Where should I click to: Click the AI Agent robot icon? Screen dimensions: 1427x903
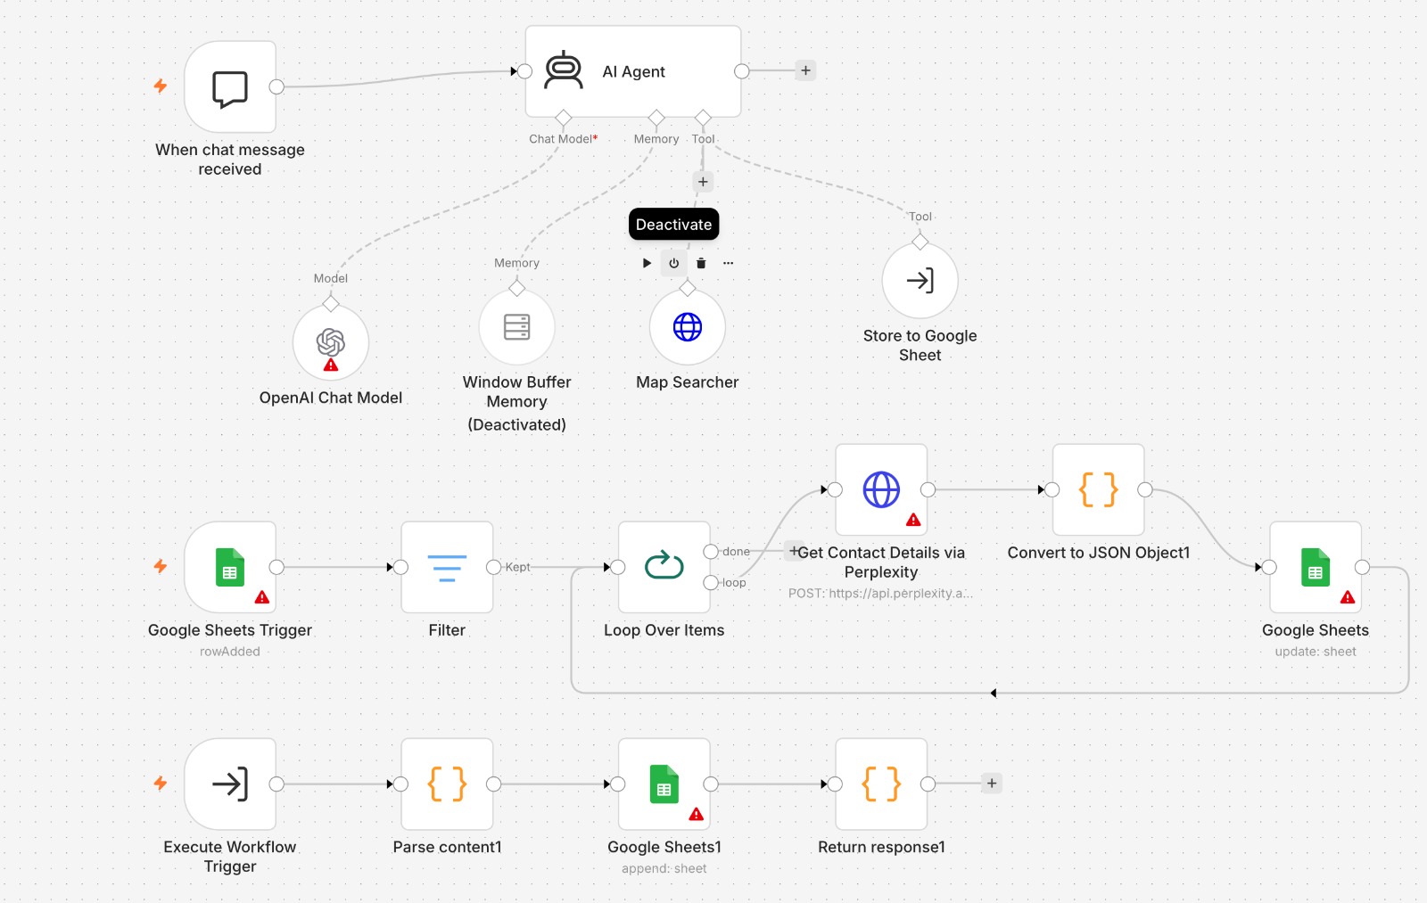tap(563, 70)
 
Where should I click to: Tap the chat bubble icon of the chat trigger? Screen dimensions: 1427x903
tap(229, 88)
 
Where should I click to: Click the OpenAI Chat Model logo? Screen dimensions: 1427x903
tap(331, 342)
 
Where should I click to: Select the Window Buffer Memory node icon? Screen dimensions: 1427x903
tap(516, 326)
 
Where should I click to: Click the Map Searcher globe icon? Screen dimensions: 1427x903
tap(688, 326)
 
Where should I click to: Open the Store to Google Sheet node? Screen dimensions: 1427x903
tap(920, 280)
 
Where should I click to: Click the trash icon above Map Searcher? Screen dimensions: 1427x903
tap(701, 263)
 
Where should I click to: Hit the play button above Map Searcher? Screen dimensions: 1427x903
tap(647, 263)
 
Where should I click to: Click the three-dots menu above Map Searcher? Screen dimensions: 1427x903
tap(728, 263)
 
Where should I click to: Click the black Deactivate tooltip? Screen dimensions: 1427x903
tap(674, 224)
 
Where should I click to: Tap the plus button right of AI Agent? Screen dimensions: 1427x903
tap(805, 70)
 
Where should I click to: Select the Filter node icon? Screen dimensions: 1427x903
tap(447, 568)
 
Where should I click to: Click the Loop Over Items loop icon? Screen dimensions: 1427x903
tap(664, 565)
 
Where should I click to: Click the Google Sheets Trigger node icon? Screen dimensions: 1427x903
tap(230, 567)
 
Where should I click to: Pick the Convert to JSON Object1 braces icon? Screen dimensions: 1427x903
tap(1098, 489)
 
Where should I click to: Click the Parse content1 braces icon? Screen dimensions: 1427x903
tap(447, 784)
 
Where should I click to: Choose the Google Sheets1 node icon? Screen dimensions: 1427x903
tap(664, 784)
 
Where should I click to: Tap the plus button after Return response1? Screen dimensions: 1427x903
tap(991, 784)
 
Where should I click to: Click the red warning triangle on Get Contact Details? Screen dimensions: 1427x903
tap(913, 520)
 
